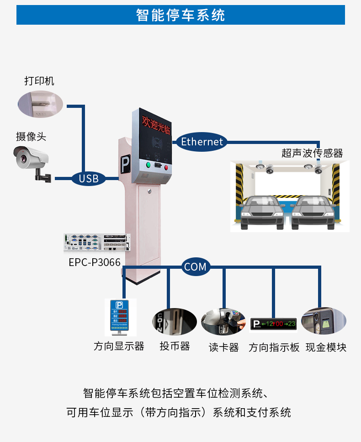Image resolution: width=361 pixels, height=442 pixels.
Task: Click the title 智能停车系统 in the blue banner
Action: tap(180, 15)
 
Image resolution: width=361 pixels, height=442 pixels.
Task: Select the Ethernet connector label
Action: tap(202, 142)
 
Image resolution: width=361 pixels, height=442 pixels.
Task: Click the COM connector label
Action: tap(195, 267)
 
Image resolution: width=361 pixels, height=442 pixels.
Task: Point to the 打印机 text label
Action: tap(39, 81)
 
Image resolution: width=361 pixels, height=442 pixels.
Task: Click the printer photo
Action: tap(40, 104)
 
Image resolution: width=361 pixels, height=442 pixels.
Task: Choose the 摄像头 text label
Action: tap(32, 136)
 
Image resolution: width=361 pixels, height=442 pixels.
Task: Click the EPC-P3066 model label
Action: tap(95, 262)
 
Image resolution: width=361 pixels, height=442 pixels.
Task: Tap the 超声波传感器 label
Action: tap(312, 153)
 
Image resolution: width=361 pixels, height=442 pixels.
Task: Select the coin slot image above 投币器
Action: tap(174, 321)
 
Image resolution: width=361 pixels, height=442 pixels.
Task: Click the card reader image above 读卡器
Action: tap(224, 322)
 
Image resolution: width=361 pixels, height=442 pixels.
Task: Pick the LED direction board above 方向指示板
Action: tap(274, 324)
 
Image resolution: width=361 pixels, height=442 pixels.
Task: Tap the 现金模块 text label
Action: tap(326, 347)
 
